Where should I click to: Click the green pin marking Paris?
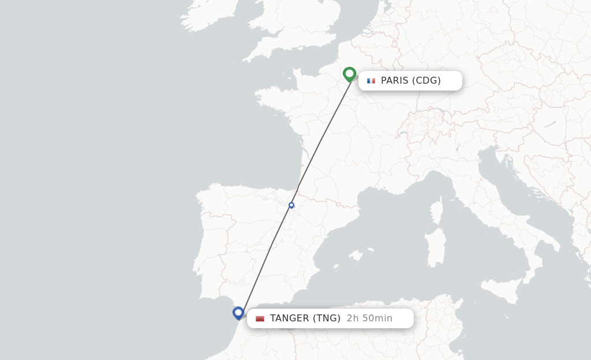tap(349, 74)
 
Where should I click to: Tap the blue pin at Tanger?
tap(238, 313)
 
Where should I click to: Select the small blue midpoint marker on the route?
tap(291, 205)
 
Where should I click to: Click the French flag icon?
tap(371, 81)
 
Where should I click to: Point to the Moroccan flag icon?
tap(260, 318)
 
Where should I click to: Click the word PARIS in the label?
tap(394, 81)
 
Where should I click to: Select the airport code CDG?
tap(427, 81)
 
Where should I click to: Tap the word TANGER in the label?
tap(290, 318)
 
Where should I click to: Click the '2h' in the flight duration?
tap(353, 318)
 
